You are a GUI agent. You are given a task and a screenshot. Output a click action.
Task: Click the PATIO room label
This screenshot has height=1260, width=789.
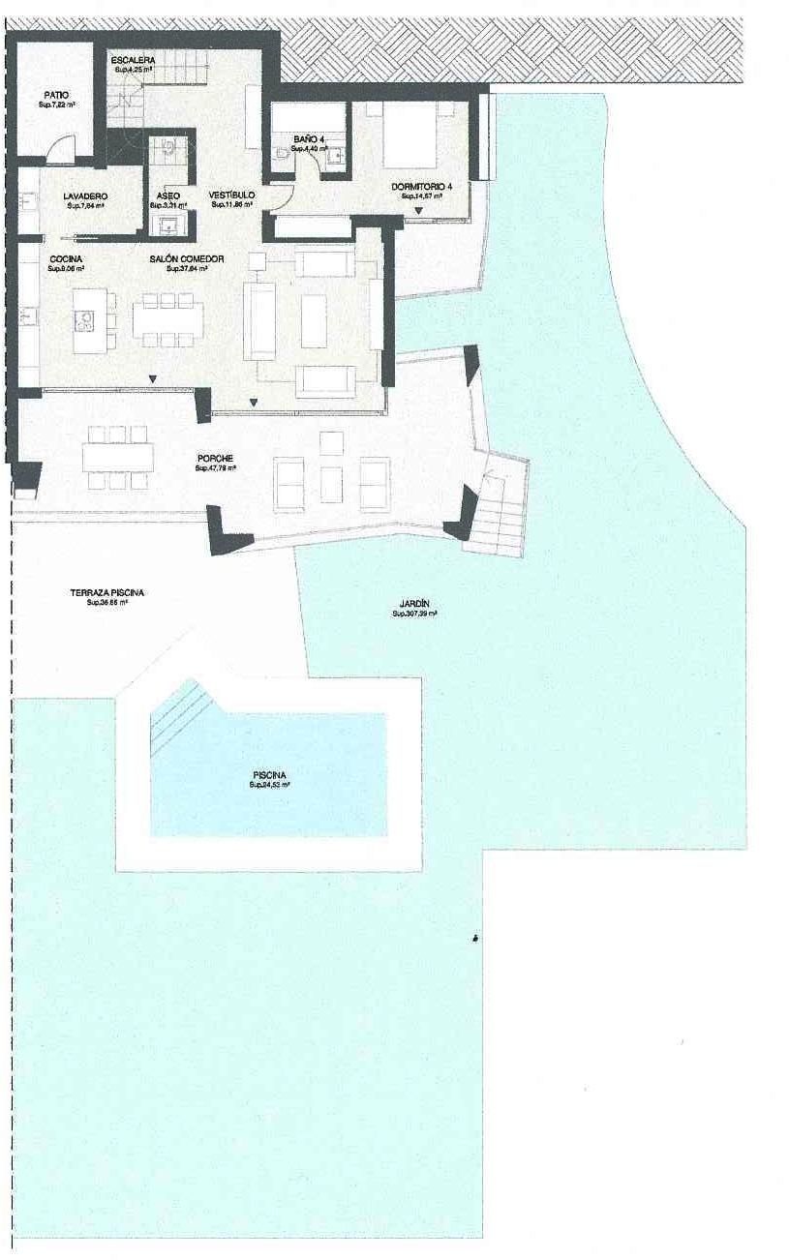(x=55, y=95)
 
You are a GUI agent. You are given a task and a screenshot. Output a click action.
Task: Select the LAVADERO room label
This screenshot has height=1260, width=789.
(x=86, y=196)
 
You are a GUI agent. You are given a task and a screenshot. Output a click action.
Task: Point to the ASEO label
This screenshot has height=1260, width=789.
(x=167, y=196)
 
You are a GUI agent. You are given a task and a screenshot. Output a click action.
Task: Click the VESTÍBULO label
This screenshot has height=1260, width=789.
(x=232, y=195)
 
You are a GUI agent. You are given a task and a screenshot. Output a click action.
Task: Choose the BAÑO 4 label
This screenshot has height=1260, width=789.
(x=308, y=140)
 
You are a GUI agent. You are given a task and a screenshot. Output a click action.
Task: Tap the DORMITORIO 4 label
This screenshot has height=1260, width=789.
(x=422, y=186)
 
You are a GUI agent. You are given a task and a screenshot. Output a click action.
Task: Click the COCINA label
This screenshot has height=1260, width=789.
(x=66, y=258)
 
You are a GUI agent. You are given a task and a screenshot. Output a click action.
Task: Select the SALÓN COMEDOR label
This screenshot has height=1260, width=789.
(x=187, y=258)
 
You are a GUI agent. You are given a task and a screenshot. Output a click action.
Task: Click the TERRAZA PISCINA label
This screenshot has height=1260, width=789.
(x=107, y=593)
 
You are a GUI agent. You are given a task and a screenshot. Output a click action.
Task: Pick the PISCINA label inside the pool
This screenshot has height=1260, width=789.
(x=269, y=775)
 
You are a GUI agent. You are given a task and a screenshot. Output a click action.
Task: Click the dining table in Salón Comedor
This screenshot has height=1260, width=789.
(x=169, y=319)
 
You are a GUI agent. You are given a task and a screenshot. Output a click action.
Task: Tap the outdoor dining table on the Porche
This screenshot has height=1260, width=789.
(x=118, y=455)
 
